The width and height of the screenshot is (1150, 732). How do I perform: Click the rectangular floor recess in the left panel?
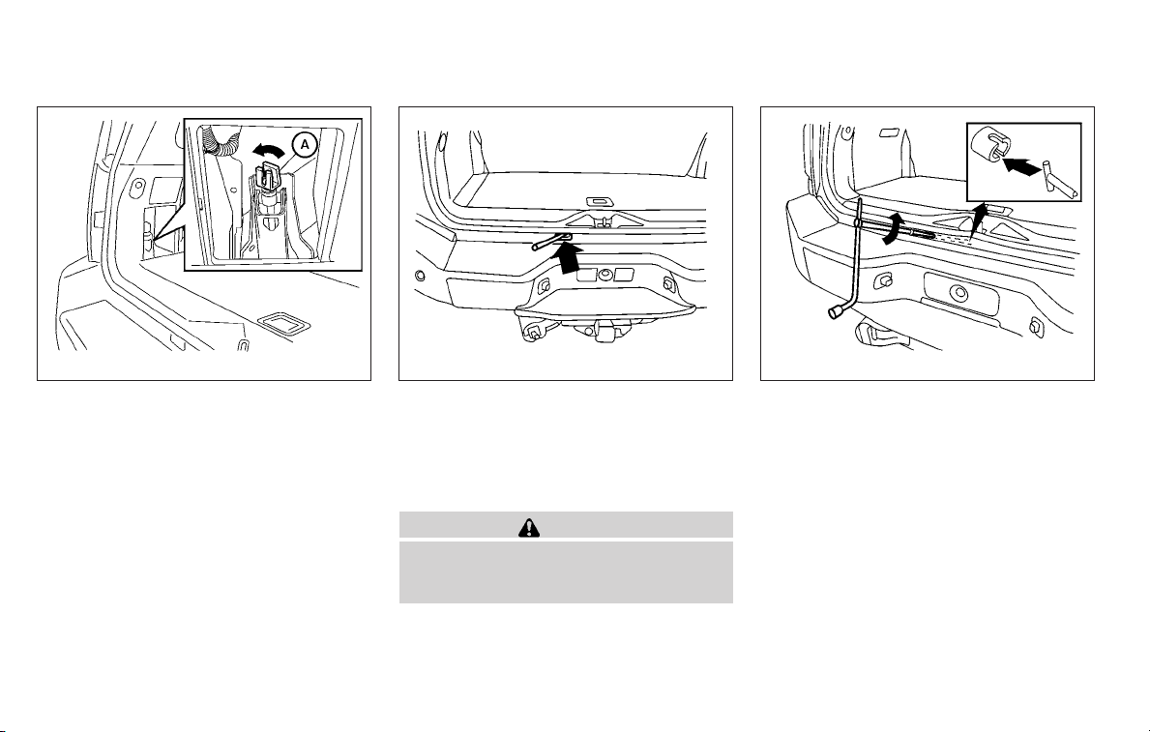[x=283, y=324]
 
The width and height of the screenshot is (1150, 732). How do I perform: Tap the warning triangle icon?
[x=527, y=527]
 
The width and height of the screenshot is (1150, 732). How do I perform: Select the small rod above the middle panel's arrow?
[x=551, y=242]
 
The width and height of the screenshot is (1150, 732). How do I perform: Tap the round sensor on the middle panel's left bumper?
[x=420, y=277]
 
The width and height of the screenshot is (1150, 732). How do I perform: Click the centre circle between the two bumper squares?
[x=605, y=275]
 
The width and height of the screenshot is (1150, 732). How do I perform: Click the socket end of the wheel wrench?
[x=836, y=313]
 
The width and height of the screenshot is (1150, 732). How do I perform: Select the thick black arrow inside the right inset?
[x=1022, y=165]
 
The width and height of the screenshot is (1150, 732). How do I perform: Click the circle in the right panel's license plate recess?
[x=958, y=294]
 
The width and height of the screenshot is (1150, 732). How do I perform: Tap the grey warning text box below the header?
[x=566, y=572]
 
